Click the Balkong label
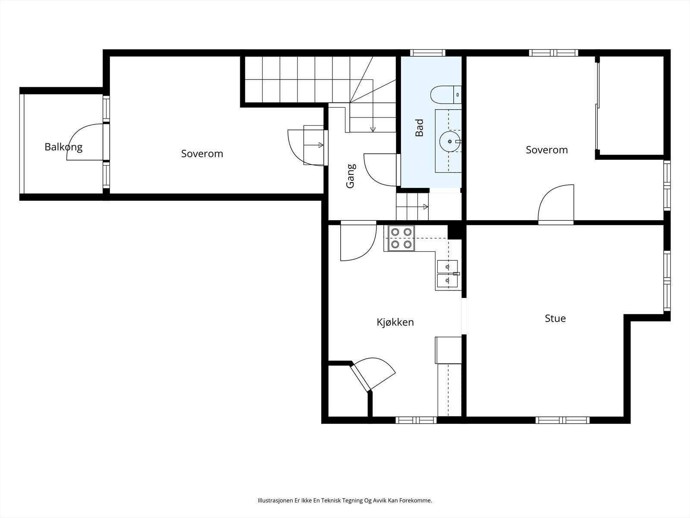click(63, 147)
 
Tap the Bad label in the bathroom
click(419, 128)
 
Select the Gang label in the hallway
click(351, 176)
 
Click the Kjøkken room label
click(395, 322)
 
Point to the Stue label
click(555, 319)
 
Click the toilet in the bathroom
click(446, 95)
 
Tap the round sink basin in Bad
click(450, 142)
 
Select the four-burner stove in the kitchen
click(401, 238)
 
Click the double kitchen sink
click(447, 274)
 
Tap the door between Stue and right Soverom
click(556, 205)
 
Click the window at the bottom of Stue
click(562, 420)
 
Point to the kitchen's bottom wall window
click(416, 420)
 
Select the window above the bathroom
click(427, 53)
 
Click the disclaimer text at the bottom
click(345, 500)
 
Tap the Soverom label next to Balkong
click(202, 154)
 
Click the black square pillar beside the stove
click(455, 232)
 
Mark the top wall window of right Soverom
click(554, 53)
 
